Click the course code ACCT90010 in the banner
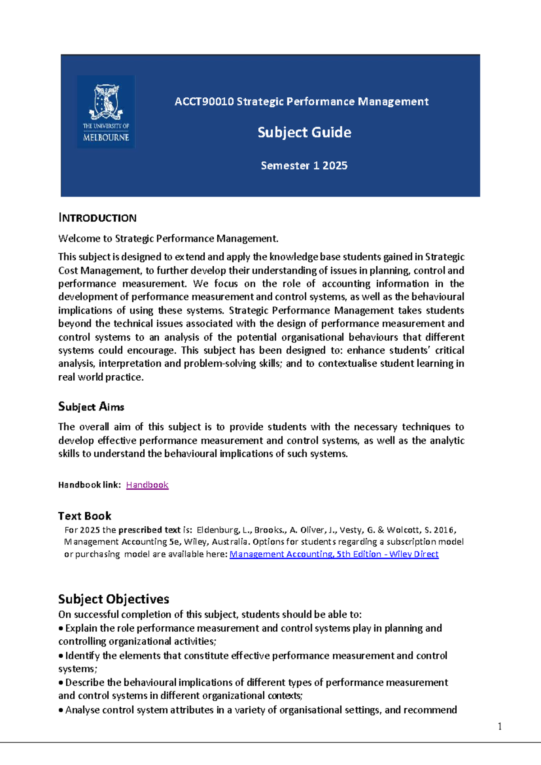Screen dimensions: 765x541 [204, 102]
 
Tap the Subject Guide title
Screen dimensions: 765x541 [304, 132]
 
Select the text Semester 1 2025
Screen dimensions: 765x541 [304, 166]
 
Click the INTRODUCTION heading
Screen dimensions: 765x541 [97, 218]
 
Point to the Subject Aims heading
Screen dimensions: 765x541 [91, 407]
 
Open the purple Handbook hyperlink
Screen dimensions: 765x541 [147, 485]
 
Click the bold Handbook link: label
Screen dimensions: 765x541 [89, 485]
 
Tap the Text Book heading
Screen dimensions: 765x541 [85, 516]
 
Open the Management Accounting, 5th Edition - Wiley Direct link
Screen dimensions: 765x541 [334, 554]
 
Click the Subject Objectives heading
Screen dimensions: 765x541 [114, 599]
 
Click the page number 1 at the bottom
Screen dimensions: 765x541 [500, 726]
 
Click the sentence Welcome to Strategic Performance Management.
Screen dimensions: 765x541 [168, 238]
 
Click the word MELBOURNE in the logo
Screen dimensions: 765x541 [106, 137]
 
